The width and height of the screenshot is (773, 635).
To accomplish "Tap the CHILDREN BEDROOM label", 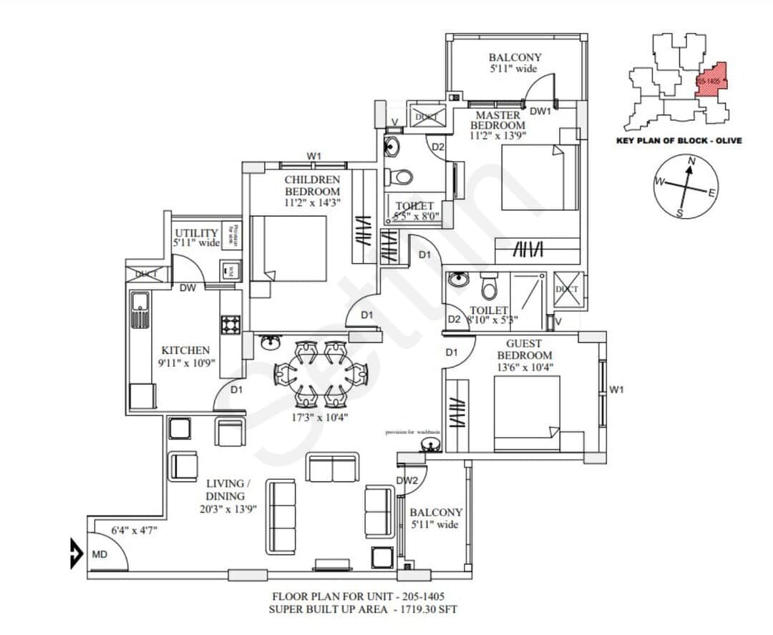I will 312,185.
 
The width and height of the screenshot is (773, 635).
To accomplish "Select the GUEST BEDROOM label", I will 525,350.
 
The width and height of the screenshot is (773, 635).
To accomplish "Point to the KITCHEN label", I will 185,350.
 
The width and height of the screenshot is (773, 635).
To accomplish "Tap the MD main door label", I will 99,554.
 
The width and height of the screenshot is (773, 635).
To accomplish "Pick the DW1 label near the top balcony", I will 540,111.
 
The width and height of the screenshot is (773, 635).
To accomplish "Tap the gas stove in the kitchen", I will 230,325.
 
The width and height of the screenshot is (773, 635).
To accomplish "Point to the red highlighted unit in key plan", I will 711,79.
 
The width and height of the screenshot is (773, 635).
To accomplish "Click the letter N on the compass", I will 691,162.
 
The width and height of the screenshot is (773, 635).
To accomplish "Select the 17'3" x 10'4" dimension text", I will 320,416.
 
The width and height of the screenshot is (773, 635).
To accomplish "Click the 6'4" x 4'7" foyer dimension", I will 134,530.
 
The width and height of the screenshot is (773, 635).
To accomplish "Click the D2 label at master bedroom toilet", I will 438,147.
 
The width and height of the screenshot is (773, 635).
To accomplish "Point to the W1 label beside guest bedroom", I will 617,390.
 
